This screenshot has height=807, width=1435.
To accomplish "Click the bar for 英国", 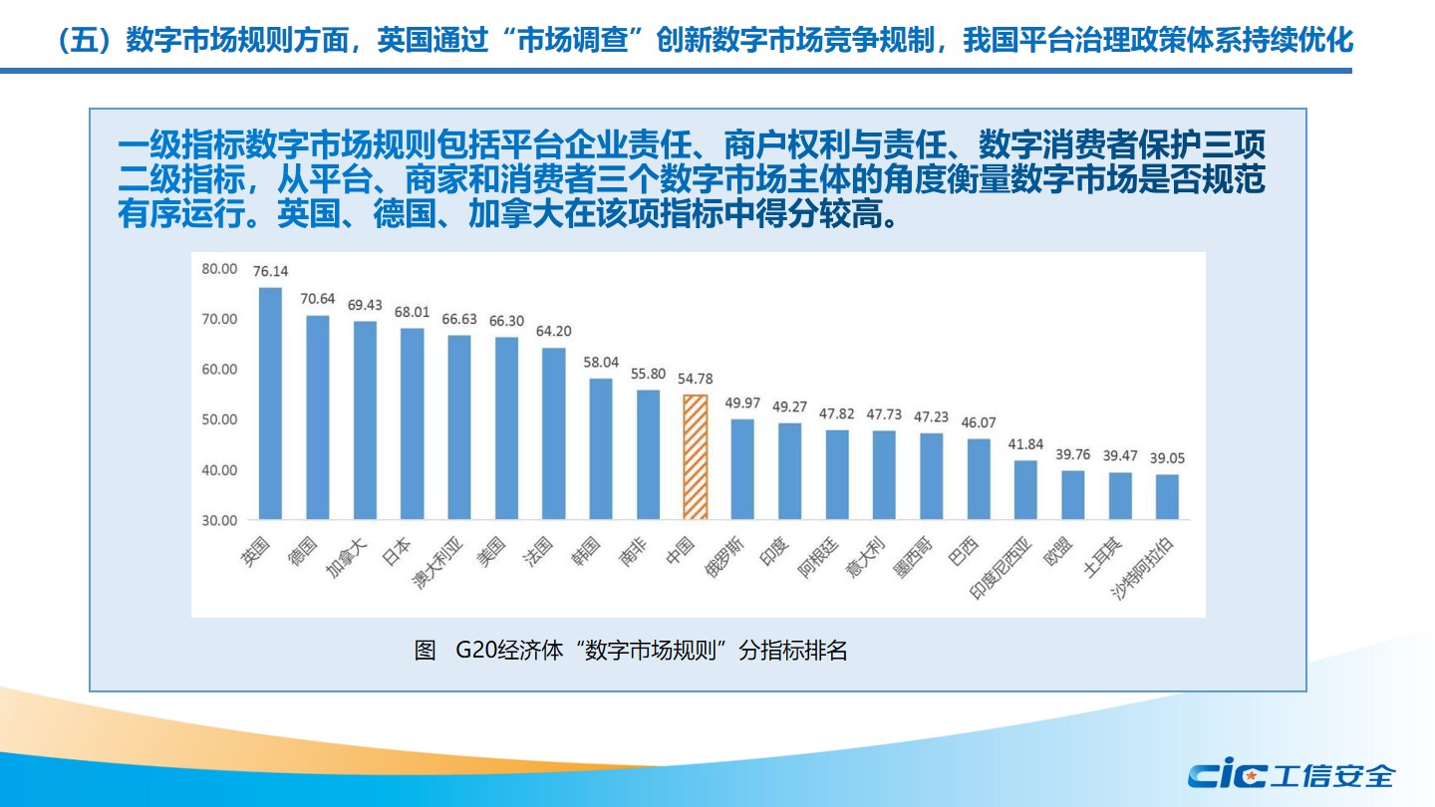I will (x=270, y=403).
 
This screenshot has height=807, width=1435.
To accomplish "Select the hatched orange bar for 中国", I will (x=696, y=457).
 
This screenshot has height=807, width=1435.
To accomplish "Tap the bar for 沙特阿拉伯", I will (x=1167, y=496).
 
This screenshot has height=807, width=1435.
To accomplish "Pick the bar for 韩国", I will (x=601, y=448).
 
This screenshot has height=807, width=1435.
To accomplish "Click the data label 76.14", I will (x=270, y=271).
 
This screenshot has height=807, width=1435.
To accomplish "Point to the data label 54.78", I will (x=696, y=379).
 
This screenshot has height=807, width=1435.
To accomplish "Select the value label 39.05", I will (x=1167, y=458).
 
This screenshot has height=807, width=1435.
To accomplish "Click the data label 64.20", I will (x=553, y=332).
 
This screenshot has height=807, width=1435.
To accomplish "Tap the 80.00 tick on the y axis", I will (x=219, y=269).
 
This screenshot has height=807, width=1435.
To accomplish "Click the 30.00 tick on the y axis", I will (x=219, y=520).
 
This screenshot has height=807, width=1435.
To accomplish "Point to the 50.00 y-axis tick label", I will (x=219, y=419).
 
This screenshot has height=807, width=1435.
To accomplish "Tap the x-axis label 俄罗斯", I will (x=724, y=558).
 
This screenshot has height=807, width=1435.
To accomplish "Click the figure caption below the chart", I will (x=631, y=652).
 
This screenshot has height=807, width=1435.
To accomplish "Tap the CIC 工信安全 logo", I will (x=1291, y=774).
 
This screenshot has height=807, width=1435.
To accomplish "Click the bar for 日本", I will (x=412, y=423).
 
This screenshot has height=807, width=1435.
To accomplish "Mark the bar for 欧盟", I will (x=1072, y=495).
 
